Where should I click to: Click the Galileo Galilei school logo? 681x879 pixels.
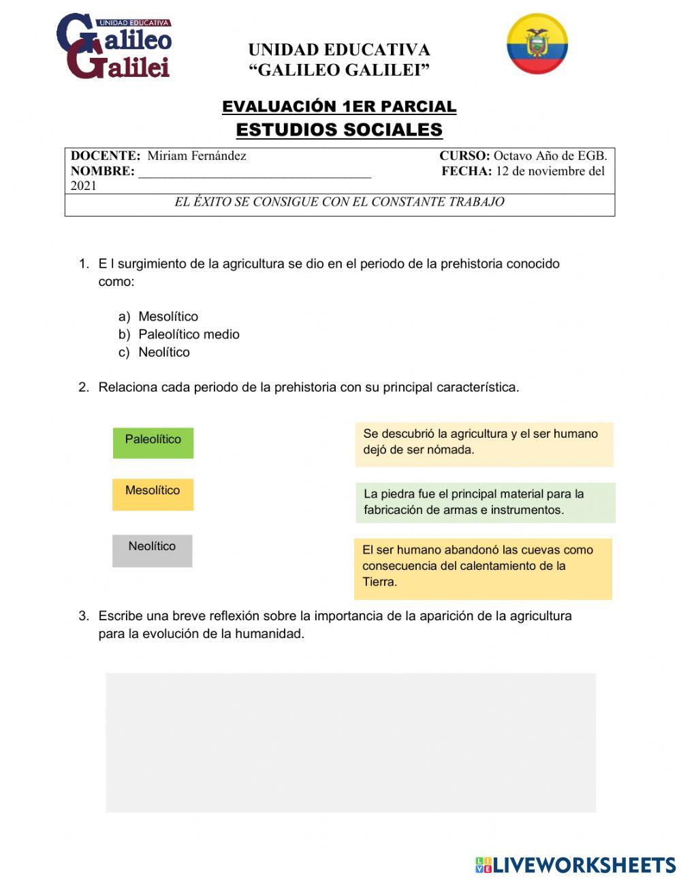[x=114, y=46]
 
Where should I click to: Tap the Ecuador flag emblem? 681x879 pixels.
[x=537, y=44]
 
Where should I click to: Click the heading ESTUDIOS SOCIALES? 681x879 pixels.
[x=339, y=129]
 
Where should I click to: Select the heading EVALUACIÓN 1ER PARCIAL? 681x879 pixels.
[x=339, y=107]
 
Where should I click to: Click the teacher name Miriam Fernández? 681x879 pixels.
[x=197, y=156]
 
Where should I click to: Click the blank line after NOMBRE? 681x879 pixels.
[x=255, y=172]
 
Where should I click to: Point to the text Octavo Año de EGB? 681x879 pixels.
[x=550, y=156]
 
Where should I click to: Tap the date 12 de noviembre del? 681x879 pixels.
[x=550, y=172]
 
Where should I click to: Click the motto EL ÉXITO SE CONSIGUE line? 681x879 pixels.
[x=339, y=202]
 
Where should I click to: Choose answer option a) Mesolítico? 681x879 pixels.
[x=168, y=317]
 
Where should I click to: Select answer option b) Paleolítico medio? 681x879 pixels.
[x=189, y=334]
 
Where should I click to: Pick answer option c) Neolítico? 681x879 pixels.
[x=163, y=352]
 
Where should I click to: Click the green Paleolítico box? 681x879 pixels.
[x=153, y=443]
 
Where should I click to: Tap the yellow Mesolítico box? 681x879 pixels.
[x=153, y=494]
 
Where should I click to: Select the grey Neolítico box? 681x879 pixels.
[x=152, y=550]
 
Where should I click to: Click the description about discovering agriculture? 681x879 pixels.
[x=484, y=443]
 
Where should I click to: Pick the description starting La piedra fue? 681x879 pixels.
[x=485, y=502]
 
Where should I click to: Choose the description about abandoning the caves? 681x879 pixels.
[x=483, y=569]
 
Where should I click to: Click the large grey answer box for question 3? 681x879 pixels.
[x=350, y=742]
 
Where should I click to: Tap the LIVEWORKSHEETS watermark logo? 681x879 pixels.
[x=575, y=865]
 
